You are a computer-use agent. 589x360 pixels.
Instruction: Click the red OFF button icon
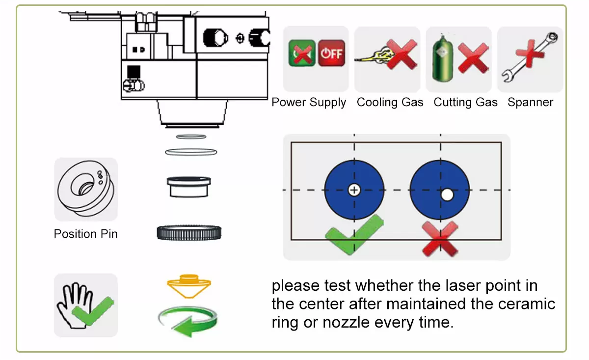click(x=332, y=54)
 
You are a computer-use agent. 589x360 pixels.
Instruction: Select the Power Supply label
click(x=309, y=102)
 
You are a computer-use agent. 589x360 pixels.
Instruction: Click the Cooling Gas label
click(x=390, y=102)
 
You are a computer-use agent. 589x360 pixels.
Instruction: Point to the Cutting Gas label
click(x=465, y=102)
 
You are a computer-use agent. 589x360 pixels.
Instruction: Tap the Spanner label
click(x=530, y=102)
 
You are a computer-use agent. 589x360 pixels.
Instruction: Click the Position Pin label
click(x=86, y=234)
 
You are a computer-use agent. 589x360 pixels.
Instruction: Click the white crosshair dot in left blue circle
click(x=354, y=190)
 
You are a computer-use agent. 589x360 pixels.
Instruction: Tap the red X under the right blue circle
click(x=440, y=239)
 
